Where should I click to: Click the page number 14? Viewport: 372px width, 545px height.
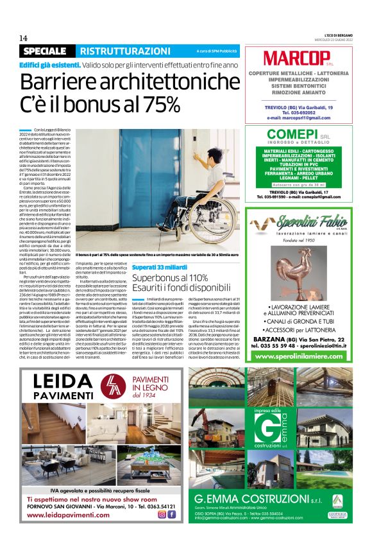(23, 38)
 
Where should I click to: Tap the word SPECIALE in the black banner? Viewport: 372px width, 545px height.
(47, 51)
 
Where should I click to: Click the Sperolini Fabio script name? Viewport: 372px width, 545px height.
(308, 223)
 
